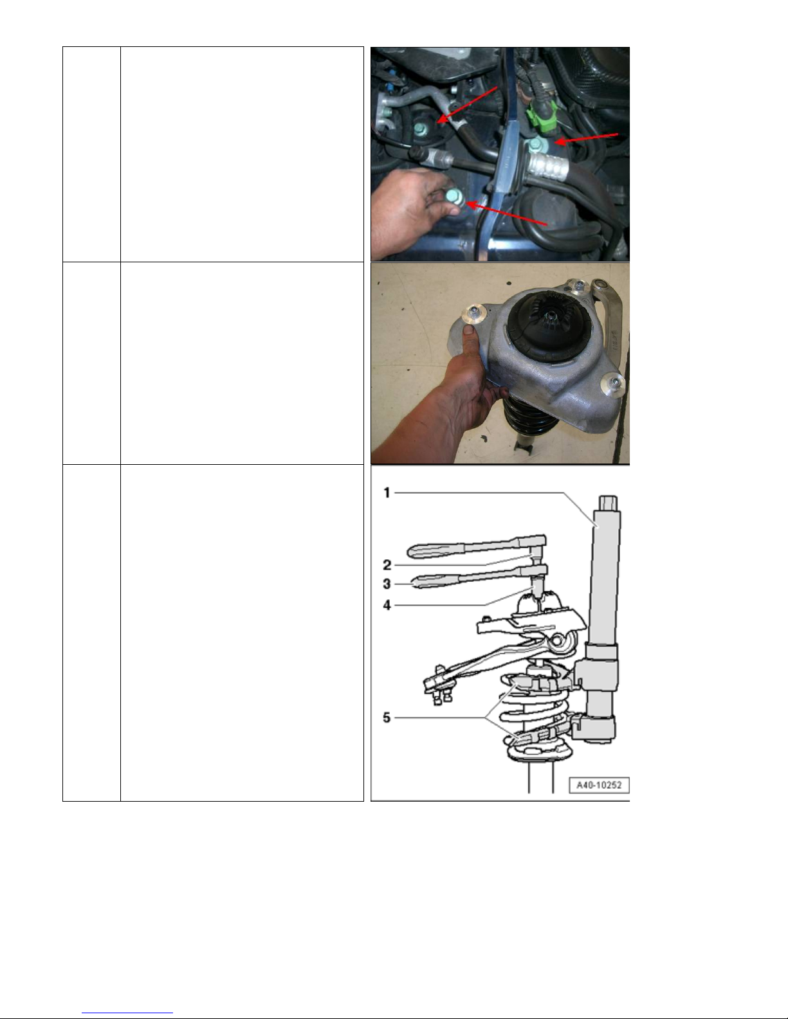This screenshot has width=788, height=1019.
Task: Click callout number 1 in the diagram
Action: tap(387, 493)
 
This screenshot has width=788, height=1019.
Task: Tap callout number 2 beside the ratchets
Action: tap(387, 565)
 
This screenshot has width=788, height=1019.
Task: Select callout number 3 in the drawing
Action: tap(387, 584)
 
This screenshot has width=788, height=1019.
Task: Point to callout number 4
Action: tap(387, 605)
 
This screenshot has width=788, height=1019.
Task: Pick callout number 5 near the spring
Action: tap(387, 717)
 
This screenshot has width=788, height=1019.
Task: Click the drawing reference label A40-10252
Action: tap(599, 785)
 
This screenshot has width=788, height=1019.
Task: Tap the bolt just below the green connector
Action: tap(535, 146)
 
